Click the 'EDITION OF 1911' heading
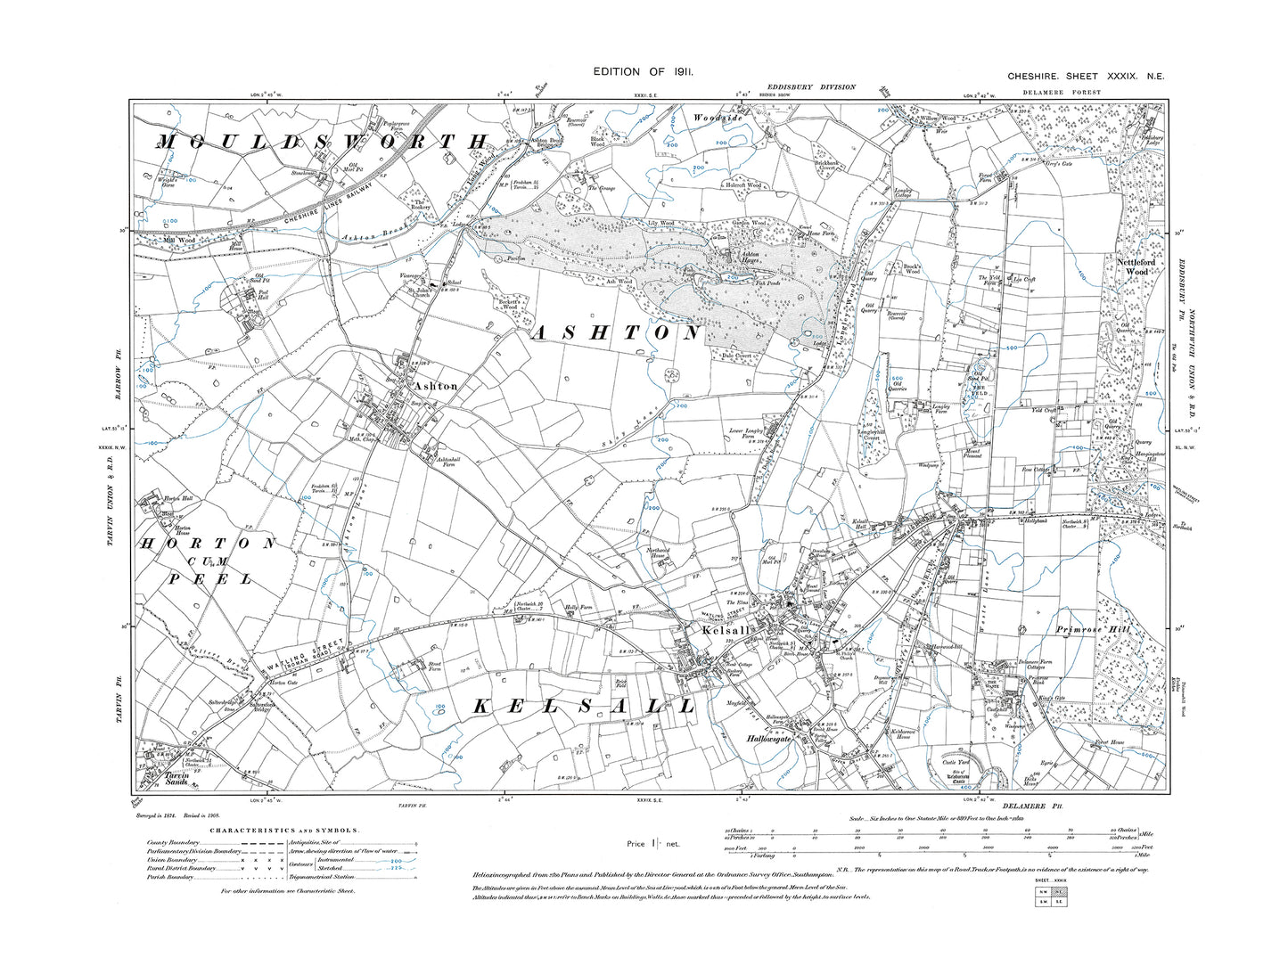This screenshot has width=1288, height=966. point(643,71)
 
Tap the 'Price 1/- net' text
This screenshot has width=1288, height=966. point(652,843)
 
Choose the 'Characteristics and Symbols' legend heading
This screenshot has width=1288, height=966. point(283,831)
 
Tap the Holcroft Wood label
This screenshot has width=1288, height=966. point(742,185)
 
